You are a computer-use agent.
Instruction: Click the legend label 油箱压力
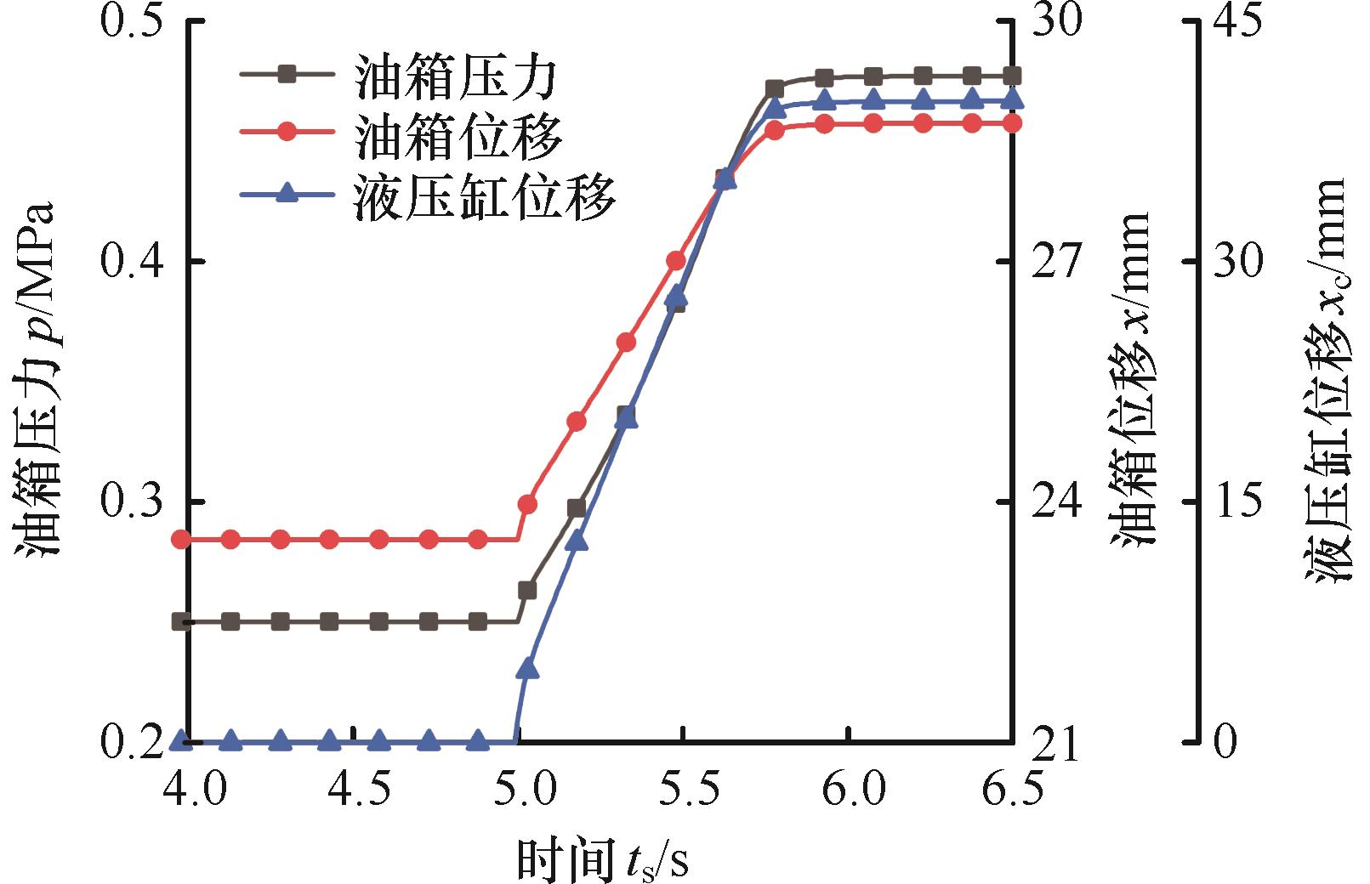pos(457,79)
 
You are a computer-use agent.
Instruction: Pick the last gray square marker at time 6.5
pos(1012,76)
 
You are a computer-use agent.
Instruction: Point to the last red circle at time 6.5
pos(1012,123)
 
